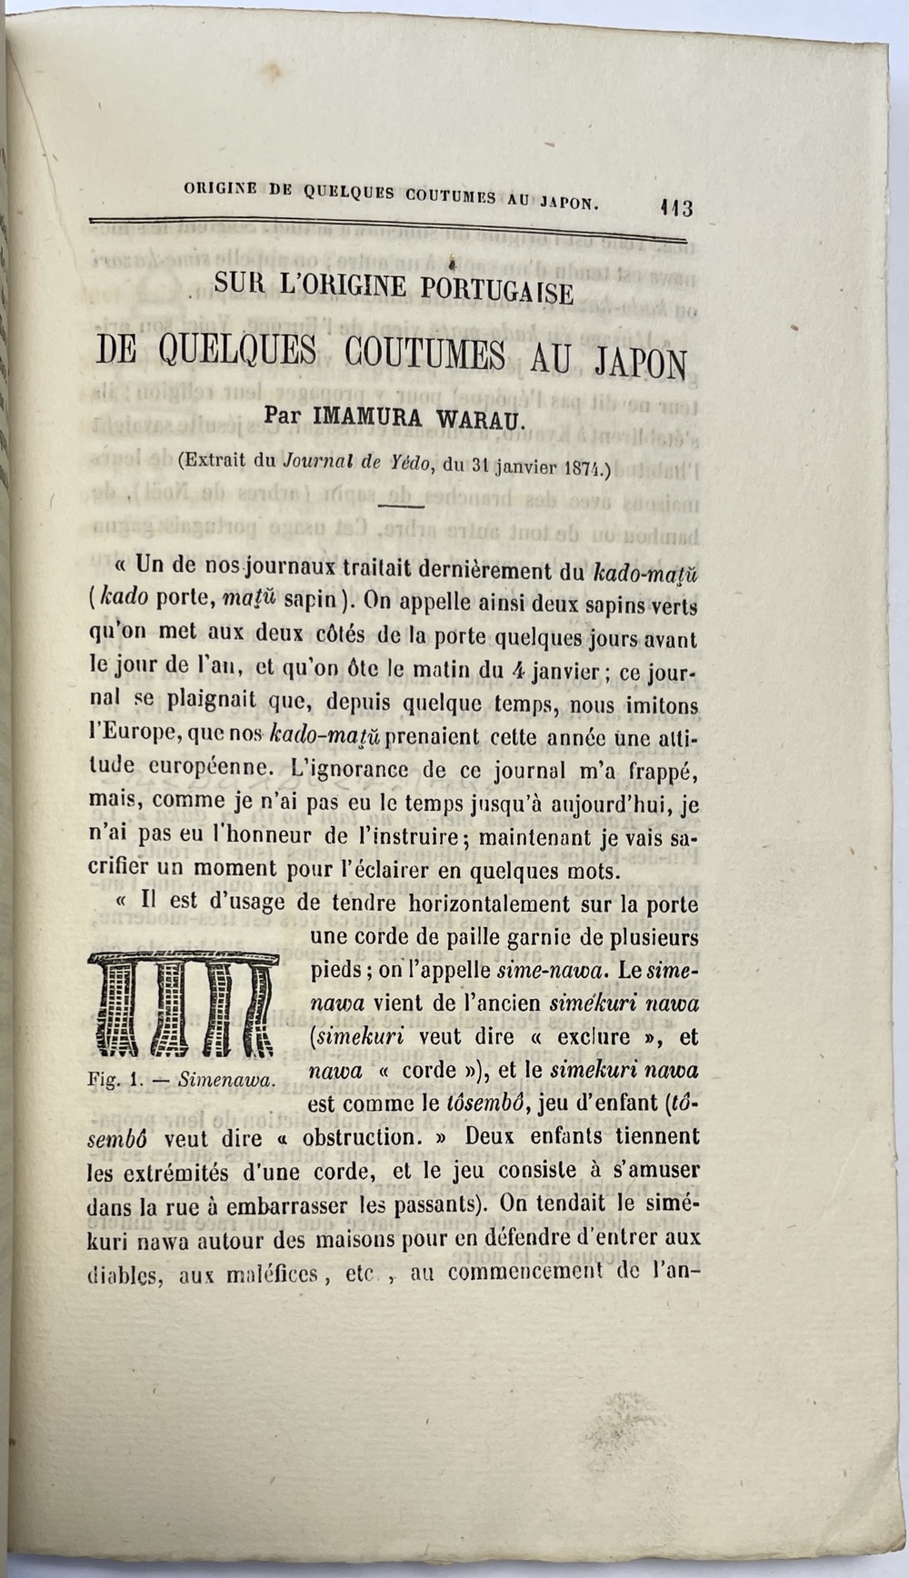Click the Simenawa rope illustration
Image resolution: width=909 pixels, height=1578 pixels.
click(x=183, y=1005)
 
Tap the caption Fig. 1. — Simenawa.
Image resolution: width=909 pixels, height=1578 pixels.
click(x=183, y=1081)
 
